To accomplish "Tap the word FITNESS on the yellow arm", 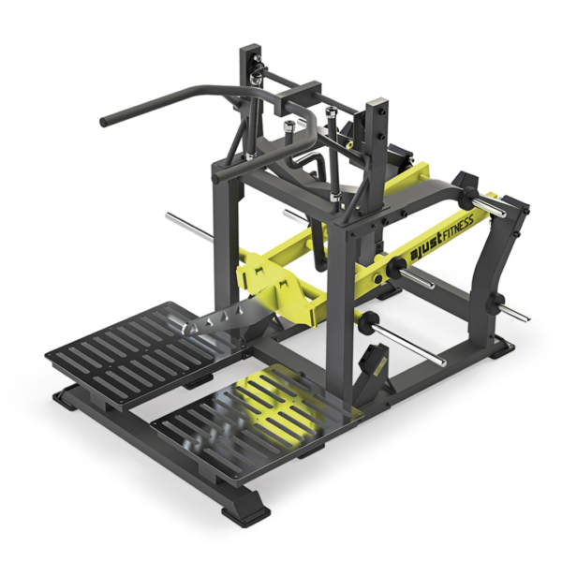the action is point(458,227).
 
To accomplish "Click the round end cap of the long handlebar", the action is point(104,122).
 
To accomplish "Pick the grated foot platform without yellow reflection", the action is point(143,356).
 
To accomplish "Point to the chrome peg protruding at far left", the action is point(189,227).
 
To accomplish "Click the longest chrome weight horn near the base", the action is point(409,341).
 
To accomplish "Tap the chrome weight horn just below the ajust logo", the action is point(417,279).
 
